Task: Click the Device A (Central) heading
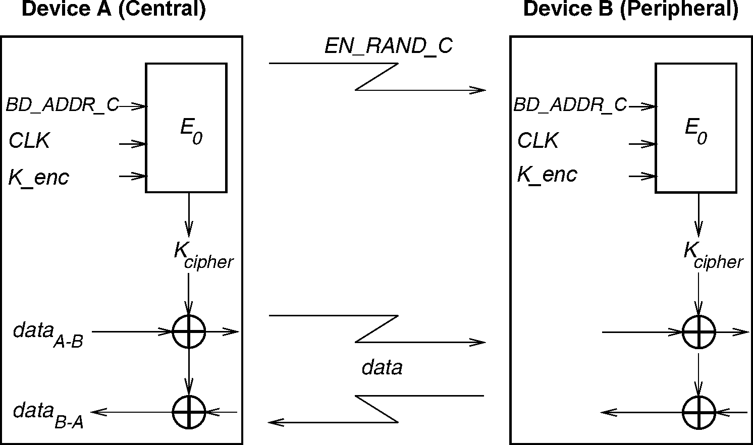(x=114, y=10)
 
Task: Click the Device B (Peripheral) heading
(x=630, y=10)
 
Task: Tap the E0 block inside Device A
(x=186, y=128)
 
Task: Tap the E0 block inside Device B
(x=695, y=128)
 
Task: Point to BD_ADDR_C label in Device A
(x=62, y=105)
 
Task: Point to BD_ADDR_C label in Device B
(x=570, y=105)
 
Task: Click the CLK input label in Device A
(x=29, y=141)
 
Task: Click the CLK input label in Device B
(x=537, y=141)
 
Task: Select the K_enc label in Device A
(x=38, y=178)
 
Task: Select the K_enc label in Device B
(x=547, y=175)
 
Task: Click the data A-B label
(x=48, y=335)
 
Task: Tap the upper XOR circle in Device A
(x=189, y=332)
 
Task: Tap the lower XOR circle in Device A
(x=189, y=412)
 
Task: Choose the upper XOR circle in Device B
(x=698, y=332)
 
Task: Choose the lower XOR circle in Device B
(x=698, y=412)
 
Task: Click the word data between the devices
(x=382, y=367)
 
